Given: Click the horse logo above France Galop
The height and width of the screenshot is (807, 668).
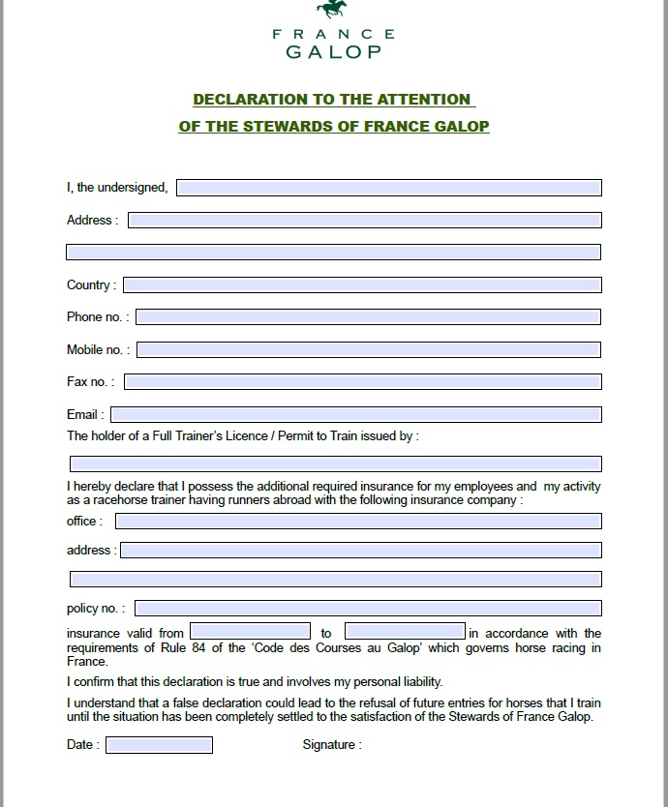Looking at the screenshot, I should click(x=332, y=10).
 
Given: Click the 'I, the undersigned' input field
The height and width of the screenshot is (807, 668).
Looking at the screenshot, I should click(x=388, y=188).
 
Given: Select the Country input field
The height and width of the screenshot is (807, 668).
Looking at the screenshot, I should click(x=362, y=285).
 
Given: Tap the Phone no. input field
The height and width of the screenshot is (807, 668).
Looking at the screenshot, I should click(x=368, y=317).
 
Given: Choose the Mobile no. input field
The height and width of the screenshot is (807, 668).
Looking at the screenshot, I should click(x=368, y=349).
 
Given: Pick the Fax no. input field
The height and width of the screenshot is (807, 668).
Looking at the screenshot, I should click(x=362, y=382).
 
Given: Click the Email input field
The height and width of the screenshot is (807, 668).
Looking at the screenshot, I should click(x=355, y=415).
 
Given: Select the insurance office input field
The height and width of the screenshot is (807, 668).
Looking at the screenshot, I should click(x=358, y=522).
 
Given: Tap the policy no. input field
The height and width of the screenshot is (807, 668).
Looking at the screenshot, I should click(x=368, y=609).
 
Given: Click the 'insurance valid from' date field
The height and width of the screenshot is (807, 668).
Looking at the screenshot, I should click(x=250, y=632).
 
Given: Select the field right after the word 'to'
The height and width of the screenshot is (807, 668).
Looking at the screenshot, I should click(x=405, y=632).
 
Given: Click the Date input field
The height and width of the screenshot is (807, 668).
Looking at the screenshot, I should click(x=159, y=745).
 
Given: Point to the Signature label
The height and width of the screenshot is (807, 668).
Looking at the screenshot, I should click(x=331, y=745).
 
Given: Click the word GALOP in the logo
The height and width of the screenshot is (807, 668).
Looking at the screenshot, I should click(x=334, y=52).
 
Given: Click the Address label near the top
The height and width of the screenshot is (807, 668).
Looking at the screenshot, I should click(x=91, y=221).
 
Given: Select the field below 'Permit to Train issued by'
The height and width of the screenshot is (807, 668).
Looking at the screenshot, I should click(x=335, y=464).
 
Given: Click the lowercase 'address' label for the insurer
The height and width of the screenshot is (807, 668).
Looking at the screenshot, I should click(x=90, y=551).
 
